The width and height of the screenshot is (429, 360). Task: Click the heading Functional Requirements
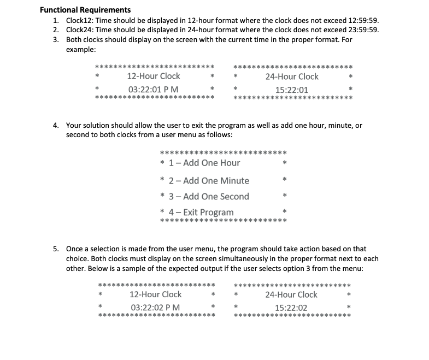coord(85,10)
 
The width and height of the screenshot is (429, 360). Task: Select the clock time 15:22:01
coord(292,90)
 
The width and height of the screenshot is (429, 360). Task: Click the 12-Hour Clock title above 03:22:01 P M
coord(153,76)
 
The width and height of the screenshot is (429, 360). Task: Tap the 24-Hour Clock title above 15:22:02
coord(291,294)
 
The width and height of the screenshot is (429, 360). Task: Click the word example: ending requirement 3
coord(81,49)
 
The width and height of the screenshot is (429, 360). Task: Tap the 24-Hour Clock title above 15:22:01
coord(292,76)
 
